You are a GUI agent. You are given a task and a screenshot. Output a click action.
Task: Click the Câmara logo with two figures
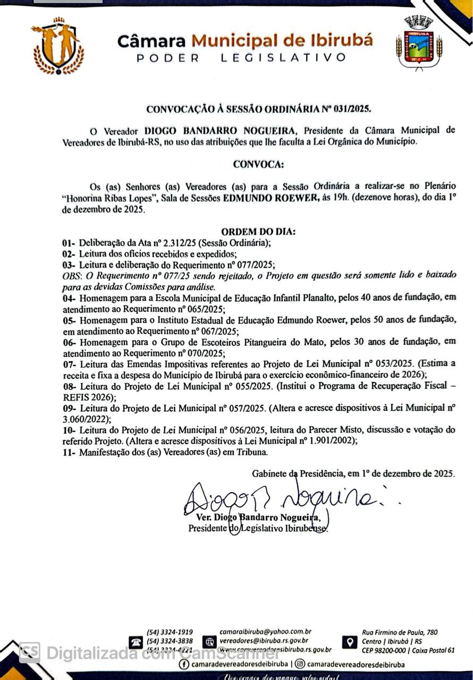pos(58,46)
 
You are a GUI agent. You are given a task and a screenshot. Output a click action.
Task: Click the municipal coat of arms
pos(419,43)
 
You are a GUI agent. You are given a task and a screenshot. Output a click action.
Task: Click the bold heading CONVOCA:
pos(258,164)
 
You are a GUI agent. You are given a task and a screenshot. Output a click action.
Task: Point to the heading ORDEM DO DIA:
pos(258,232)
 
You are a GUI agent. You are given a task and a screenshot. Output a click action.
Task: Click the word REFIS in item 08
pos(74,396)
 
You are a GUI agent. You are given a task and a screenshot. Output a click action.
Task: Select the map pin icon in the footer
pos(349,642)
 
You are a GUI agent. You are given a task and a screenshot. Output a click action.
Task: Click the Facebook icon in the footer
pos(184,664)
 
